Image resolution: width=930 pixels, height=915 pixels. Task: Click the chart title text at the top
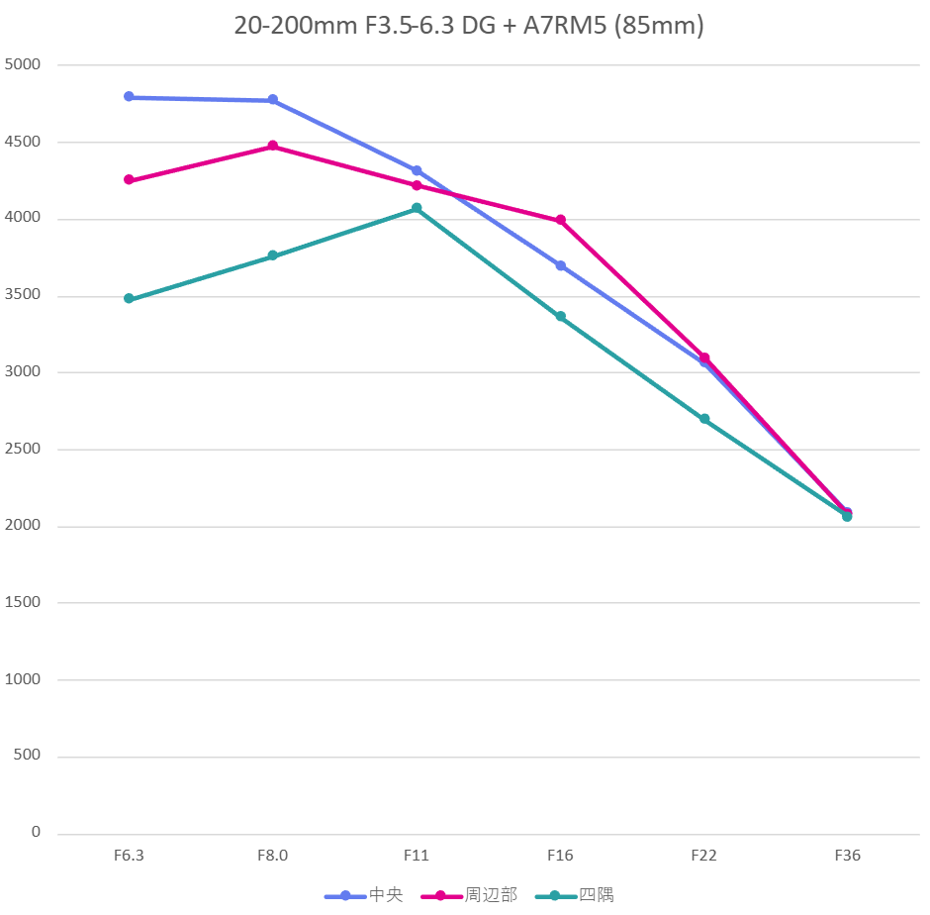pyautogui.click(x=468, y=26)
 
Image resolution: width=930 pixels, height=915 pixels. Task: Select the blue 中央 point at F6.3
pyautogui.click(x=129, y=97)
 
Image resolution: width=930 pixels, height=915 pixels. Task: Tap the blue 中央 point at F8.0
pyautogui.click(x=273, y=100)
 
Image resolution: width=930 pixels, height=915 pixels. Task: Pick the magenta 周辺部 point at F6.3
pyautogui.click(x=129, y=180)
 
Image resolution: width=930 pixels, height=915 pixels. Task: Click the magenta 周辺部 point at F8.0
pyautogui.click(x=273, y=147)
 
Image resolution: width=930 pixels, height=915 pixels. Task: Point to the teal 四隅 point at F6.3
pyautogui.click(x=129, y=298)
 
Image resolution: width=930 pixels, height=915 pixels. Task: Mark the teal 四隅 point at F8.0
pyautogui.click(x=273, y=256)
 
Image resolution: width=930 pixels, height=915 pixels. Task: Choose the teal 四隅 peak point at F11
pyautogui.click(x=417, y=208)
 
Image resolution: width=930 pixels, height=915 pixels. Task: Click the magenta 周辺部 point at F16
pyautogui.click(x=561, y=220)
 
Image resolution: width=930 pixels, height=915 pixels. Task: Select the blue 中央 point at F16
pyautogui.click(x=561, y=265)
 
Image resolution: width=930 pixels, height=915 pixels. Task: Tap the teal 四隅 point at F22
pyautogui.click(x=704, y=419)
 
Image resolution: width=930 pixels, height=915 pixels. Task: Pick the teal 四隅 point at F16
pyautogui.click(x=561, y=317)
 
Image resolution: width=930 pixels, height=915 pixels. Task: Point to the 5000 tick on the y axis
pyautogui.click(x=24, y=65)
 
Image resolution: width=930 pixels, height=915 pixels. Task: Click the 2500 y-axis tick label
pyautogui.click(x=24, y=450)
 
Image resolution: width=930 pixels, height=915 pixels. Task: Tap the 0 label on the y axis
pyautogui.click(x=36, y=833)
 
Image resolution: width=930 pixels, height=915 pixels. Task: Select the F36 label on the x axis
pyautogui.click(x=847, y=856)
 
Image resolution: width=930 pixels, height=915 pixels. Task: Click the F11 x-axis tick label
pyautogui.click(x=417, y=856)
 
